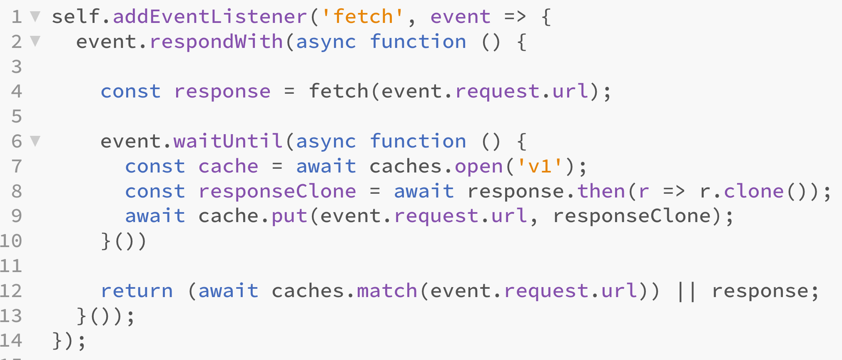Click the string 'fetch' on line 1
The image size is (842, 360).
click(363, 17)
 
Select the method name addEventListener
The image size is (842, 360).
click(210, 17)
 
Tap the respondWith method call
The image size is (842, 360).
click(216, 42)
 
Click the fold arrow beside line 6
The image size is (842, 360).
click(35, 141)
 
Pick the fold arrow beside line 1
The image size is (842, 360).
click(35, 17)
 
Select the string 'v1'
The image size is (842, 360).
click(540, 167)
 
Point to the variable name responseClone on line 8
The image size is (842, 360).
click(277, 191)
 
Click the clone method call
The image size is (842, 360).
click(754, 191)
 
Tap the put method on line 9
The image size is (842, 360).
click(289, 216)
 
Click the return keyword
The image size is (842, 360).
click(137, 291)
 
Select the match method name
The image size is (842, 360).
click(387, 291)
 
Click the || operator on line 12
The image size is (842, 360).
click(686, 291)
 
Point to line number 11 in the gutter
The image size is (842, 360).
click(11, 266)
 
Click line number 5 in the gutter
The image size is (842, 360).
click(17, 116)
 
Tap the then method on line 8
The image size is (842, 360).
click(601, 191)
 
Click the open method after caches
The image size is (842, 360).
click(479, 167)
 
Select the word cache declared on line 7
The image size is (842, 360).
click(228, 167)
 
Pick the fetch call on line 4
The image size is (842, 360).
click(339, 92)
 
